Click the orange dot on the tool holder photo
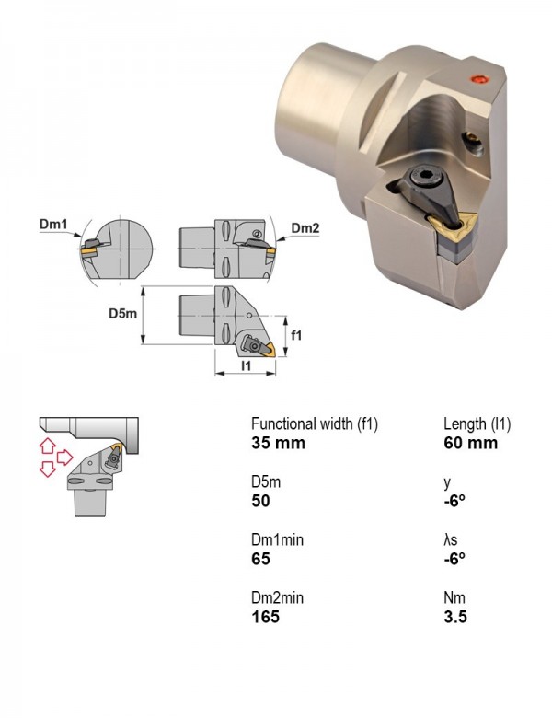pyautogui.click(x=480, y=79)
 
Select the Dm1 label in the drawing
pyautogui.click(x=53, y=224)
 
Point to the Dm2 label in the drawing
pyautogui.click(x=305, y=227)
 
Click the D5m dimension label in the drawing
pyautogui.click(x=122, y=313)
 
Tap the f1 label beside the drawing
pyautogui.click(x=296, y=335)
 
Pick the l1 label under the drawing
pyautogui.click(x=246, y=365)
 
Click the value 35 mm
pyautogui.click(x=278, y=443)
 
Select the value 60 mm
pyautogui.click(x=470, y=443)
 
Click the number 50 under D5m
pyautogui.click(x=260, y=501)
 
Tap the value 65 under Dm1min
pyautogui.click(x=260, y=559)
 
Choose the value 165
pyautogui.click(x=265, y=617)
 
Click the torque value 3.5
pyautogui.click(x=455, y=617)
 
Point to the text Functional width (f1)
pyautogui.click(x=315, y=424)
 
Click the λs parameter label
pyautogui.click(x=451, y=539)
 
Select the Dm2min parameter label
pyautogui.click(x=277, y=597)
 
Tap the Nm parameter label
pyautogui.click(x=454, y=597)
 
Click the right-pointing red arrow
pyautogui.click(x=64, y=457)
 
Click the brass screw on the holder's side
pyautogui.click(x=473, y=141)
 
